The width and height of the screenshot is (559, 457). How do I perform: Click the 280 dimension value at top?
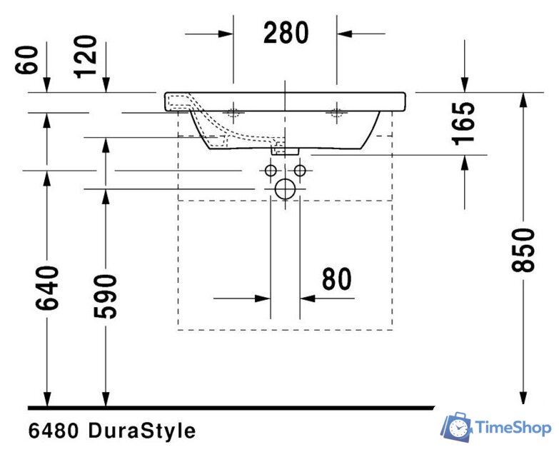point(286,33)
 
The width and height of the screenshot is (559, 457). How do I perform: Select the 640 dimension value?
point(47,288)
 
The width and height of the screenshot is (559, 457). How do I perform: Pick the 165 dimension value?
point(464,124)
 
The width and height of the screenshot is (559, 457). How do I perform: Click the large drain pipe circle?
point(285,189)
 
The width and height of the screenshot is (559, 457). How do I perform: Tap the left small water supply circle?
point(271,171)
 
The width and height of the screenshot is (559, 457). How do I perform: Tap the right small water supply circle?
point(300,171)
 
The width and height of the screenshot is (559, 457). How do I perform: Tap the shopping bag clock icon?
point(455,426)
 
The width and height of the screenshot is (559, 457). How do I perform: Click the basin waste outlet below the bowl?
point(285,149)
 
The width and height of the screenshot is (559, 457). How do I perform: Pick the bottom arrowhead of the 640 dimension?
point(47,401)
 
